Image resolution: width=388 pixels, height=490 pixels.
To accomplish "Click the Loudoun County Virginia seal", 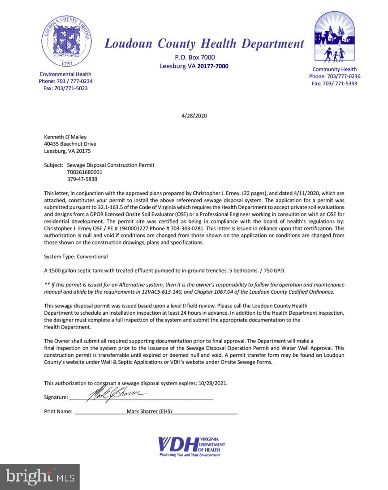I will pyautogui.click(x=65, y=41).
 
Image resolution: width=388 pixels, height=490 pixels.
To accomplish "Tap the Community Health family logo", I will pyautogui.click(x=334, y=38).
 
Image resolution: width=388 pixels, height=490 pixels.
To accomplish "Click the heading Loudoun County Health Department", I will pyautogui.click(x=204, y=44).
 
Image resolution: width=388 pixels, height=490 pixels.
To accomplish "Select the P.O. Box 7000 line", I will pyautogui.click(x=195, y=57).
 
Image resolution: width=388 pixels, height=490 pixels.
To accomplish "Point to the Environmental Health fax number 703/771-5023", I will pyautogui.click(x=65, y=88).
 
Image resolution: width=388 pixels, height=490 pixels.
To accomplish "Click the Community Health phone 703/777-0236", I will pyautogui.click(x=335, y=76).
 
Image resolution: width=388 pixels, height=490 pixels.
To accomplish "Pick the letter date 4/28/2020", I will pyautogui.click(x=194, y=116).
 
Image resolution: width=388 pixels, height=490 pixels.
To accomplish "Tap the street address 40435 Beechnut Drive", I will pyautogui.click(x=70, y=144).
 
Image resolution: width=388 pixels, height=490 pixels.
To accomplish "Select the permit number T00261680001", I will pyautogui.click(x=84, y=172).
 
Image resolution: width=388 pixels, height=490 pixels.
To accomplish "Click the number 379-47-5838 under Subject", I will pyautogui.click(x=82, y=179).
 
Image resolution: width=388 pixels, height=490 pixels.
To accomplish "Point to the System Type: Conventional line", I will pyautogui.click(x=76, y=257).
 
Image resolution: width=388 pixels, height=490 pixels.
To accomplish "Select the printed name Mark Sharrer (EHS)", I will pyautogui.click(x=149, y=412).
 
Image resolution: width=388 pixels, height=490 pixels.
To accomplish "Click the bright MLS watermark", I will pyautogui.click(x=40, y=477).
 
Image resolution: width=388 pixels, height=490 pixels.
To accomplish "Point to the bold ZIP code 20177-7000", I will pyautogui.click(x=213, y=66).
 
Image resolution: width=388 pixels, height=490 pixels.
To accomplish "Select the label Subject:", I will pyautogui.click(x=54, y=165).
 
